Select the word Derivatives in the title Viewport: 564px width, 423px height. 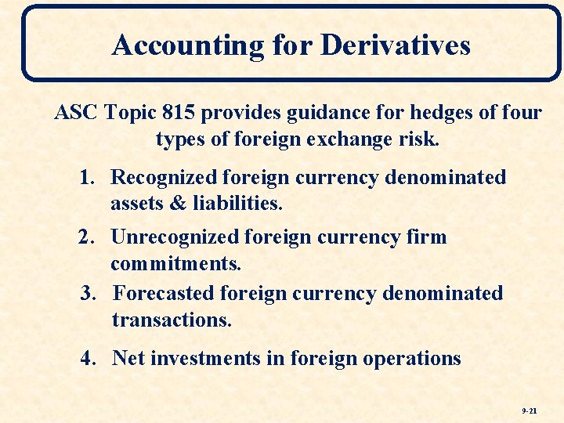click(396, 45)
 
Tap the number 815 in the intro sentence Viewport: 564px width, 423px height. click(180, 113)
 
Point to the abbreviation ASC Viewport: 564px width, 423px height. click(74, 113)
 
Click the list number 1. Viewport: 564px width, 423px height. click(88, 177)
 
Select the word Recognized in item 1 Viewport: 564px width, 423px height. click(164, 177)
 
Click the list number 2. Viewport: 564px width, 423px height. click(88, 237)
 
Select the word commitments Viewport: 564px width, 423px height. click(176, 264)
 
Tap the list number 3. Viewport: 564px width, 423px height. click(89, 293)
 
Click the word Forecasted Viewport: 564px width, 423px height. click(164, 293)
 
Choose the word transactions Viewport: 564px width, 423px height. click(172, 320)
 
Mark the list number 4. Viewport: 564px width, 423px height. click(89, 359)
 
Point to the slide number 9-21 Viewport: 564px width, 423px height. click(529, 410)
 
